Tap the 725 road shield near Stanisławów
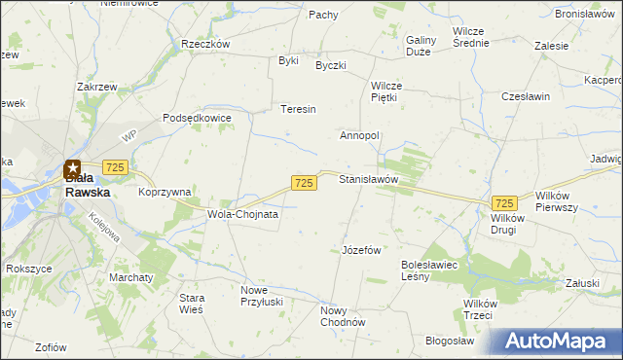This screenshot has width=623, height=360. point(304,183)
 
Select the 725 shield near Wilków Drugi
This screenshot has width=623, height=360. point(504,202)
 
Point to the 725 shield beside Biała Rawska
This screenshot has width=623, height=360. point(116,168)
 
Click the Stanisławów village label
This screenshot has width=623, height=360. point(369,180)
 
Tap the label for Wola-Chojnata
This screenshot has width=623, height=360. point(242,214)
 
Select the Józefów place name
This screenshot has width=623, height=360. point(360,250)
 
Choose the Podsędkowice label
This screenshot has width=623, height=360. point(197,118)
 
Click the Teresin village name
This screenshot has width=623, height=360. point(299,109)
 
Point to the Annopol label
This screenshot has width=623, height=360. point(359,135)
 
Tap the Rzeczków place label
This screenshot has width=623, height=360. point(205,44)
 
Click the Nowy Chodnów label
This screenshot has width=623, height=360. point(342,317)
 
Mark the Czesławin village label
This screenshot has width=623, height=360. point(526,97)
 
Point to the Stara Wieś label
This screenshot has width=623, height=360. point(184,304)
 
